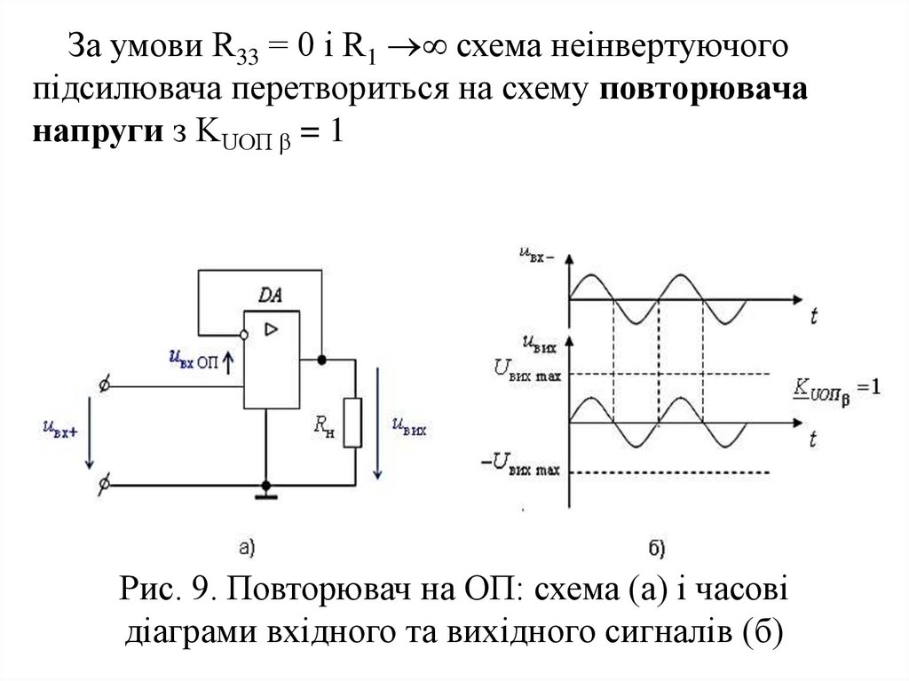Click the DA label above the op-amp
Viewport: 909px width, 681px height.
(271, 295)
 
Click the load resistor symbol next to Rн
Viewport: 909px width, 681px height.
(353, 423)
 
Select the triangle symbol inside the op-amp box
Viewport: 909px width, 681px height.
(271, 329)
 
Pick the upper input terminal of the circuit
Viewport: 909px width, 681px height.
(105, 386)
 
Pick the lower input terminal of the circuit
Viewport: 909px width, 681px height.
(105, 485)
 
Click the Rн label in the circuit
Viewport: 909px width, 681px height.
(323, 430)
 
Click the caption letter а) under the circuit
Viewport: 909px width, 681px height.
(248, 548)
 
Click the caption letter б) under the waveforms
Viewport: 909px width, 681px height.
(658, 548)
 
